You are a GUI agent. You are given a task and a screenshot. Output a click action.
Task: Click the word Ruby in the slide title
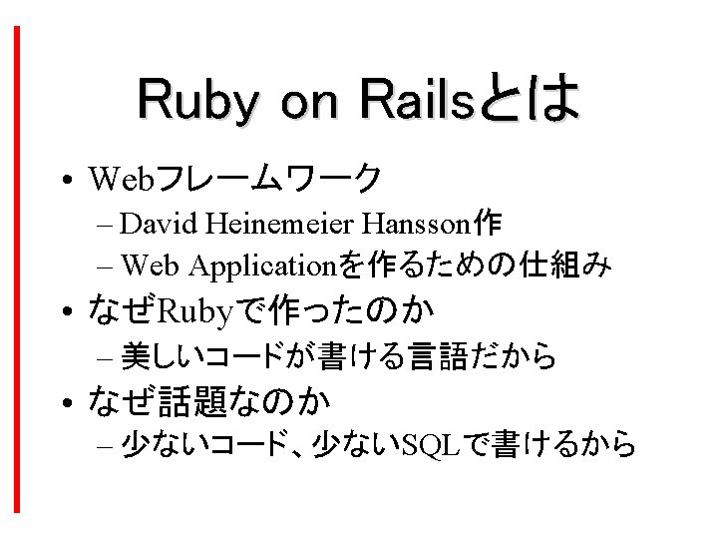[197, 101]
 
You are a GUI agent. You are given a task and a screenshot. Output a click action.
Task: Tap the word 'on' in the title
[309, 103]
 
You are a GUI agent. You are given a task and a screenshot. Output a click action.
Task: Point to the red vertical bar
[17, 269]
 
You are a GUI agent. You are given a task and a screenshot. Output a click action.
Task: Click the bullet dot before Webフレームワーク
[68, 180]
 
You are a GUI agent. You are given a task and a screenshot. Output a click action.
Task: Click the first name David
[159, 224]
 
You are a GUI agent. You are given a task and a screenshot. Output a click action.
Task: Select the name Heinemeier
[280, 224]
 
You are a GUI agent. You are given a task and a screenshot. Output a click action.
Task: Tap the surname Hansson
[416, 225]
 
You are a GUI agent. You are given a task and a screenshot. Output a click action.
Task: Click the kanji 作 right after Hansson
[488, 224]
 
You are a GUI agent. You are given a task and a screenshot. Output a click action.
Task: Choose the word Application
[263, 267]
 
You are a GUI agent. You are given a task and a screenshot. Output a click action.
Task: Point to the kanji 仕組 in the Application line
[549, 265]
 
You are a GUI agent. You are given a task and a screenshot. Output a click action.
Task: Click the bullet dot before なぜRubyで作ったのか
[68, 311]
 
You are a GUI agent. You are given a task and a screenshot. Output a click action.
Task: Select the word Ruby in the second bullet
[195, 312]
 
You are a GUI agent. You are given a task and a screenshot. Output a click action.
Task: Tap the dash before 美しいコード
[105, 358]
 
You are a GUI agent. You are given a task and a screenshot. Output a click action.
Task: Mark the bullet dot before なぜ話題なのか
[68, 402]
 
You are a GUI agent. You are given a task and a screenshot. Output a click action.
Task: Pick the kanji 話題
[190, 401]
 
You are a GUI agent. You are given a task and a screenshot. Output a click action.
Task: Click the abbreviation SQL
[430, 444]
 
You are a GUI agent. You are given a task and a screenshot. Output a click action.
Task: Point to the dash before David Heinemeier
[105, 226]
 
